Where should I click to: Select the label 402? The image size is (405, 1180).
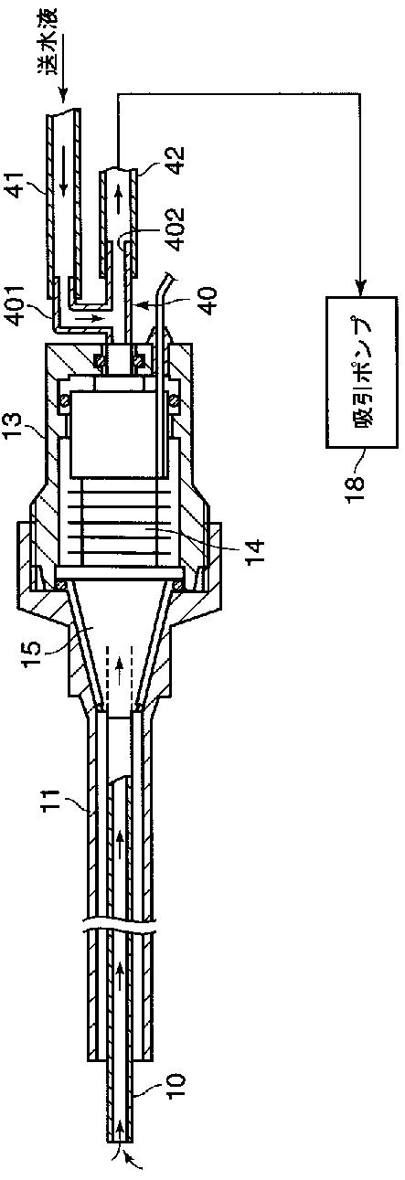point(176,229)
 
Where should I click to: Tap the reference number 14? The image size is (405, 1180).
point(257,551)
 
